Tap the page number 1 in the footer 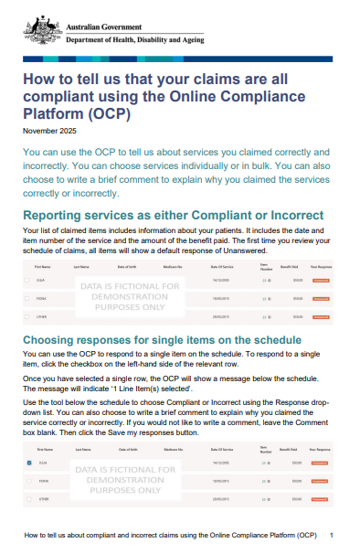(331, 534)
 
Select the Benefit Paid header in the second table (290, 451)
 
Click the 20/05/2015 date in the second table (221, 497)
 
